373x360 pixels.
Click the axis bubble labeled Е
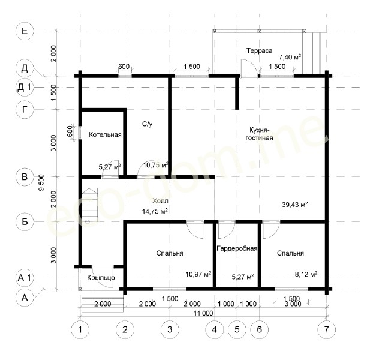25,31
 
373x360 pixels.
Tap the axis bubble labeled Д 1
25,88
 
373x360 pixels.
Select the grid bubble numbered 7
327,329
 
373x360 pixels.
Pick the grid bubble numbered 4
215,329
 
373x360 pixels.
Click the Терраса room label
259,50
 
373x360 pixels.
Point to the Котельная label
105,134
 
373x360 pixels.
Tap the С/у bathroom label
148,124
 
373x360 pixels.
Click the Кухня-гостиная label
259,134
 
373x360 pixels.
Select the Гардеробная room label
237,248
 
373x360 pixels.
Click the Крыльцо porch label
101,278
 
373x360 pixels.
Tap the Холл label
160,201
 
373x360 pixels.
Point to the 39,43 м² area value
295,205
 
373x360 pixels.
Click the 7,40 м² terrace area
290,57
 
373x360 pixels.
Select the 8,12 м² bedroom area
306,274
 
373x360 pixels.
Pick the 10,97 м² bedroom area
198,274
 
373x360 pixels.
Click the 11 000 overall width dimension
203,313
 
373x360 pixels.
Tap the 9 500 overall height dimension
41,182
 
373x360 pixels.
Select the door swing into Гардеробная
227,230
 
